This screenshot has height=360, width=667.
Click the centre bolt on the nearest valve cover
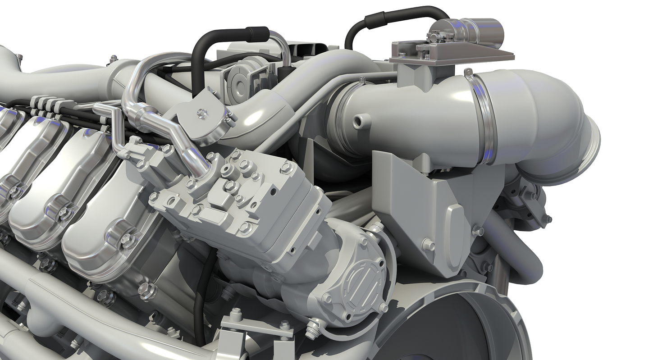pos(128,241)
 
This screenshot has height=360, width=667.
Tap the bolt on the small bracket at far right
pos(548,219)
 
